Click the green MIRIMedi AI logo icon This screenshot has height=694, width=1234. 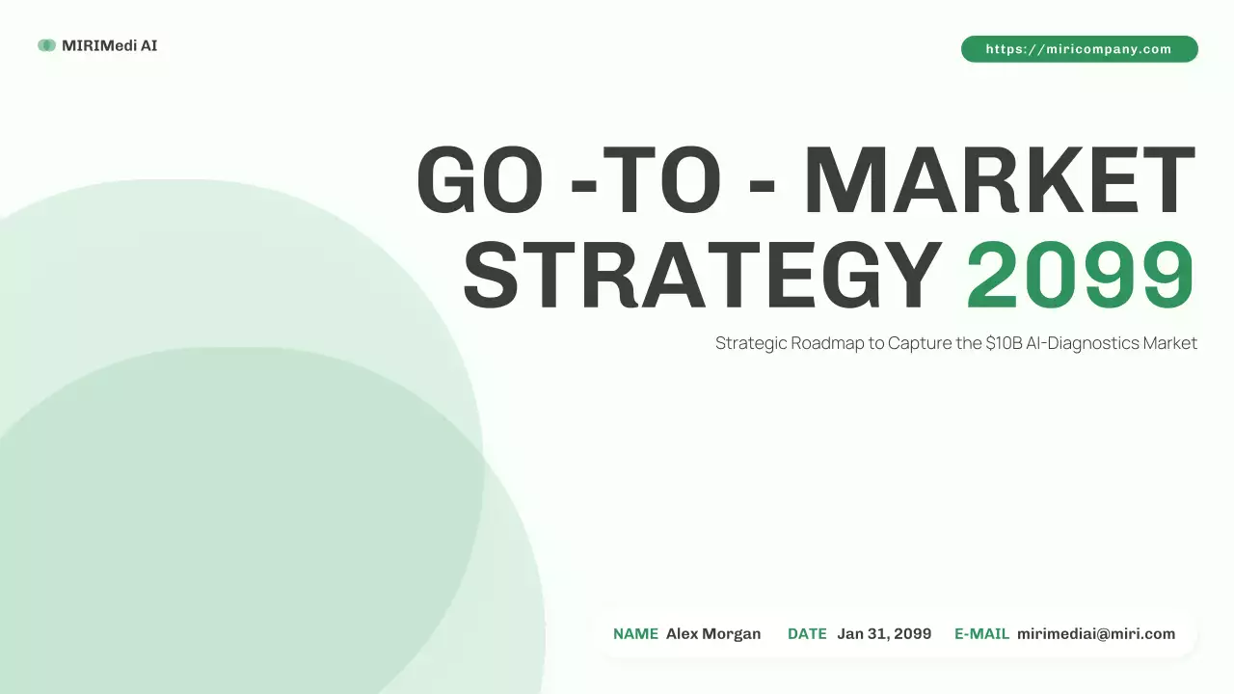pos(46,45)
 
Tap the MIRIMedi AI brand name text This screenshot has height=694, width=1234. pos(109,45)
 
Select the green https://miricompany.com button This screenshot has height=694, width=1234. pos(1079,49)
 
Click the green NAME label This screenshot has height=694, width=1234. pos(635,634)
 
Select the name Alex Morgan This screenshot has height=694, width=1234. pos(712,634)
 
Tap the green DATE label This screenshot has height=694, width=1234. pos(807,634)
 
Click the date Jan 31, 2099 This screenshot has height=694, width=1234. pos(884,634)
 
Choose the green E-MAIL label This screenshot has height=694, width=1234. pos(981,634)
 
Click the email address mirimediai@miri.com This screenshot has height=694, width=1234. pos(1096,634)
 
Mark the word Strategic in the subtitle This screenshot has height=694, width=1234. pos(750,343)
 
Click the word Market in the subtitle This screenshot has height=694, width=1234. pos(1169,343)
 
